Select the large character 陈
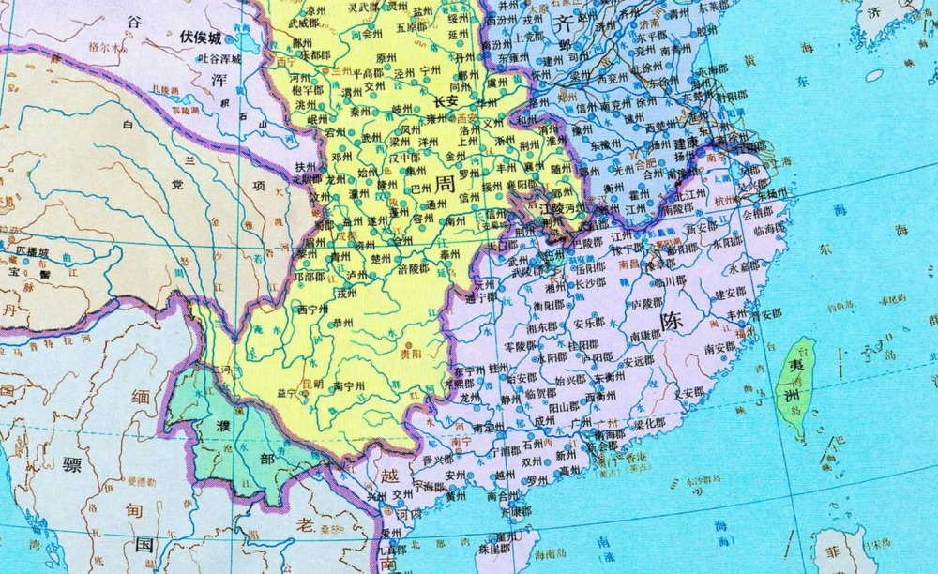pyautogui.click(x=672, y=320)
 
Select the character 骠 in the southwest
pyautogui.click(x=72, y=464)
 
